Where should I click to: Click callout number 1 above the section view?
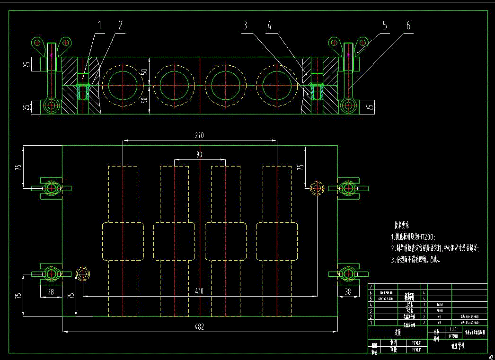[99, 26]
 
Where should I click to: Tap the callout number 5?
[384, 26]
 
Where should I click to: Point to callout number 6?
[408, 26]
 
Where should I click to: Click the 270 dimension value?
[199, 136]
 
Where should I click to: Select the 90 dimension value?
[199, 155]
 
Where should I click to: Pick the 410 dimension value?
[199, 291]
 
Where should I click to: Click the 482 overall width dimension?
[199, 326]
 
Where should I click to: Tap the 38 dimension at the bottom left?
[50, 292]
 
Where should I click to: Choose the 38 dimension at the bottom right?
[348, 292]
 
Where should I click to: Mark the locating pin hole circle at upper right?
[316, 188]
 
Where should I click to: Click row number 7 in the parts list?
[371, 287]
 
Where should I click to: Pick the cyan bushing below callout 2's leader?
[84, 91]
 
